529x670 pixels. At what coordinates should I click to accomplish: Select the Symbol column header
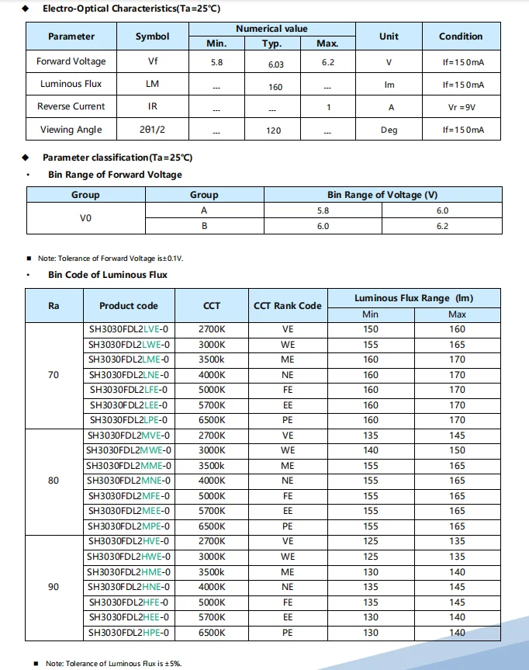coord(152,36)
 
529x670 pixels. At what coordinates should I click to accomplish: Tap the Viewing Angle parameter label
coord(69,130)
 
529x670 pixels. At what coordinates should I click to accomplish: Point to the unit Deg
coord(389,130)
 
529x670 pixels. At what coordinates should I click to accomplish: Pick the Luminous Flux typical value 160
coord(275,87)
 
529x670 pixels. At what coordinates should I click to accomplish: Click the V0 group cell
coord(85,218)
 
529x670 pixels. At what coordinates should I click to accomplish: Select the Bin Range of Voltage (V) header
coord(382,195)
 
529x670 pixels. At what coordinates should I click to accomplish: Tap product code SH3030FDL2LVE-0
coord(129,329)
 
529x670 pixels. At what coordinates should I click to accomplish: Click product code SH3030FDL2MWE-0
coord(129,450)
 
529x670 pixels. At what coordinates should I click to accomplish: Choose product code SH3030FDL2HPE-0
coord(129,633)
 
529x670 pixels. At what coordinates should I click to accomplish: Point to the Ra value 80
coord(54,481)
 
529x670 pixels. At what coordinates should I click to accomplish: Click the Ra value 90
coord(54,587)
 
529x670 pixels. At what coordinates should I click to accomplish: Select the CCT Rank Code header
coord(287,306)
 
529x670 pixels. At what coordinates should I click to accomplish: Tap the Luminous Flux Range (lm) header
coord(413,298)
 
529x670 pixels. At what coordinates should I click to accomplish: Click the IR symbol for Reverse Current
coord(152,107)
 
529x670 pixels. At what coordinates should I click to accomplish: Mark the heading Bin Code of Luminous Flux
coord(108,275)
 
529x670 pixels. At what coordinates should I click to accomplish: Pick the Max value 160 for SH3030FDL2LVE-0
coord(457,329)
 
